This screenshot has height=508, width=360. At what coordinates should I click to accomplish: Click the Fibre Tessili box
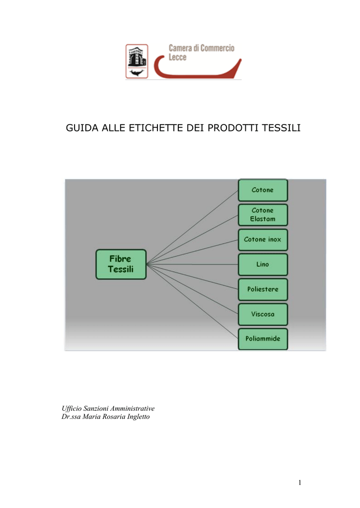pyautogui.click(x=121, y=264)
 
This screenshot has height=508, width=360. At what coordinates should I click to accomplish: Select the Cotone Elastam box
pyautogui.click(x=263, y=214)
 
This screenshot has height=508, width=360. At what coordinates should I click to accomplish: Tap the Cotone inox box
pyautogui.click(x=263, y=240)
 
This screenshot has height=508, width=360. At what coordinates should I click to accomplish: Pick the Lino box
pyautogui.click(x=263, y=264)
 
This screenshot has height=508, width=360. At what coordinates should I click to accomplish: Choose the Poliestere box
pyautogui.click(x=263, y=289)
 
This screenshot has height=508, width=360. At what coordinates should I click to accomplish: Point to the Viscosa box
pyautogui.click(x=263, y=314)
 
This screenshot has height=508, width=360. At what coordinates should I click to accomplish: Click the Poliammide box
pyautogui.click(x=263, y=339)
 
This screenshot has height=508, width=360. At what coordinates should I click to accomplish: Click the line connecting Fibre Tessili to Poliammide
pyautogui.click(x=192, y=302)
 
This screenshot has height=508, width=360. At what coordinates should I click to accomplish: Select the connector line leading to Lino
pyautogui.click(x=192, y=264)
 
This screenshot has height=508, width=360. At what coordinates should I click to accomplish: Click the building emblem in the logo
pyautogui.click(x=137, y=61)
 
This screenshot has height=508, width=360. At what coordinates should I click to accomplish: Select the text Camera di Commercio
pyautogui.click(x=202, y=48)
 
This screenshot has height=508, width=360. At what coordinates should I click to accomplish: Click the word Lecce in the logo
pyautogui.click(x=177, y=57)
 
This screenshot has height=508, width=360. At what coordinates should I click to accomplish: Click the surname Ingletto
pyautogui.click(x=138, y=417)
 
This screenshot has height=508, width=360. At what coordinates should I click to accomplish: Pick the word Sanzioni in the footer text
pyautogui.click(x=96, y=409)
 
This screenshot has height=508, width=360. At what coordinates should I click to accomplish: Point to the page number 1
pyautogui.click(x=300, y=482)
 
